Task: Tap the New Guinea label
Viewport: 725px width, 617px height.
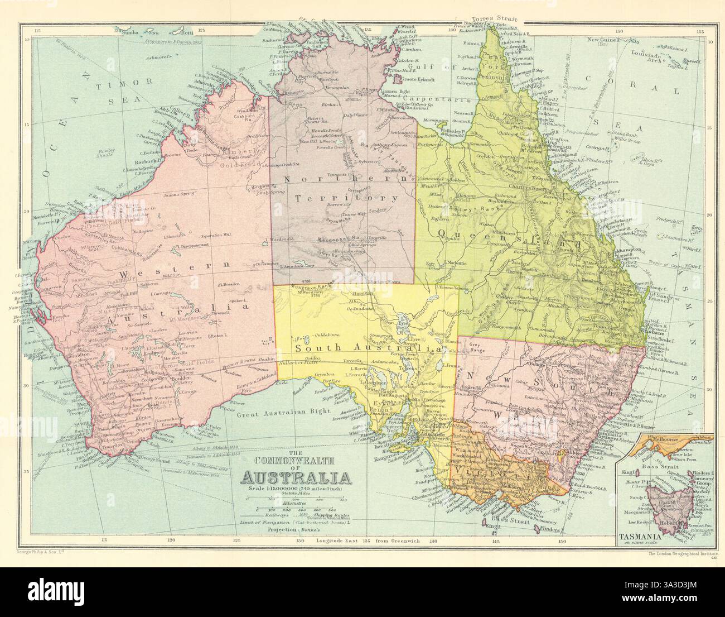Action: coord(603,40)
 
